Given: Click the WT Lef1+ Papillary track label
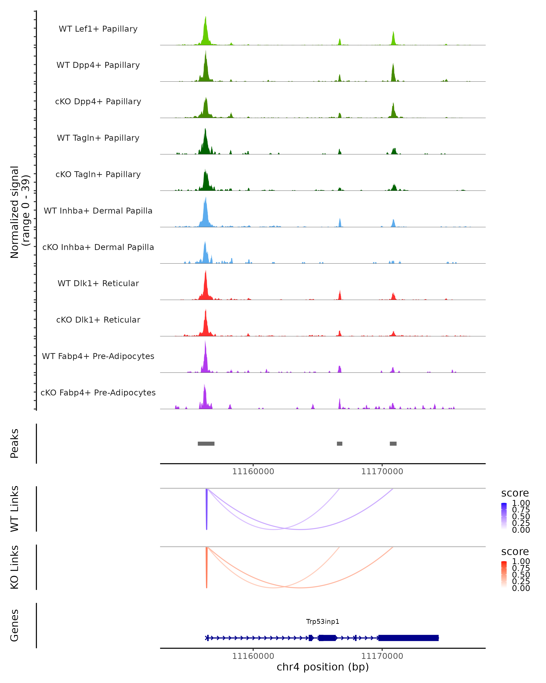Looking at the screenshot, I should (x=98, y=29).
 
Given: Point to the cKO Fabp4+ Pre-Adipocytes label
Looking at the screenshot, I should (x=98, y=392).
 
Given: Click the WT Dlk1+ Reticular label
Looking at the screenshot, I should (x=98, y=283).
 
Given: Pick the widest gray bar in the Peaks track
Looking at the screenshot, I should (x=206, y=443).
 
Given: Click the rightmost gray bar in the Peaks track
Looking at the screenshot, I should (x=393, y=443).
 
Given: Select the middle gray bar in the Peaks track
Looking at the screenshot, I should (x=340, y=443).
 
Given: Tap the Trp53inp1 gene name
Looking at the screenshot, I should (x=323, y=622).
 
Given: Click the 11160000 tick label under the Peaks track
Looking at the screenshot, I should (x=253, y=471).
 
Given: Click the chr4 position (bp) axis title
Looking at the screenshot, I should (x=323, y=667).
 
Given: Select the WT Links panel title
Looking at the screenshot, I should (x=15, y=509).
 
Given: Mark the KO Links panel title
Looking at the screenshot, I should (x=15, y=567).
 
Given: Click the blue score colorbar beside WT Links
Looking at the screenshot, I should (x=504, y=516).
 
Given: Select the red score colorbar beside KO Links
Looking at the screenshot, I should (x=504, y=574).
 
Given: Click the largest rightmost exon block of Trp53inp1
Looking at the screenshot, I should (x=408, y=638).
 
